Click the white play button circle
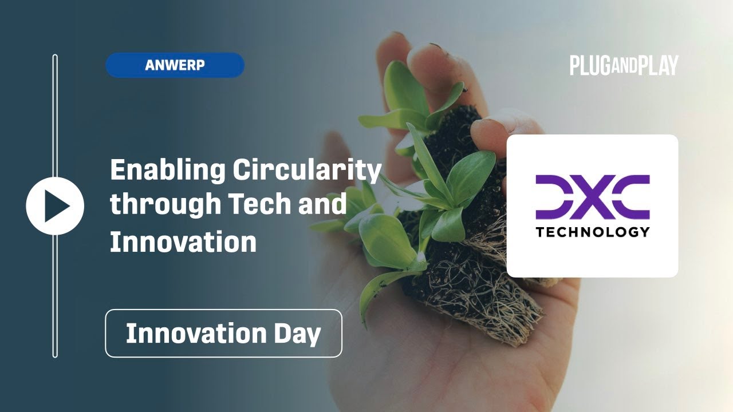pos(55,206)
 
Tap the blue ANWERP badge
pos(175,65)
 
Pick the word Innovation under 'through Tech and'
pos(183,241)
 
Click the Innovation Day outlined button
pos(223,333)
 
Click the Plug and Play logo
pos(624,65)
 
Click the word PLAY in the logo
pos(659,65)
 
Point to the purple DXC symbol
pos(592,197)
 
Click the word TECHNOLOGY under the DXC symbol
pos(592,232)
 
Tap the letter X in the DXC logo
pos(592,197)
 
